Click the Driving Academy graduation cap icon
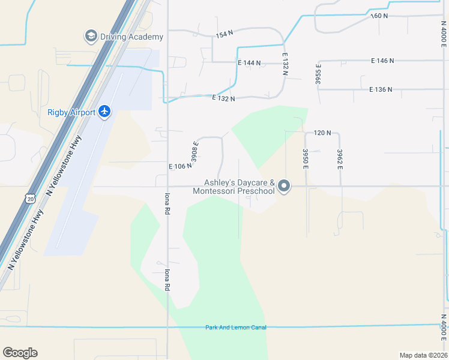91,36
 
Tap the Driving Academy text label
131,37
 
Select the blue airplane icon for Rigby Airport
105,111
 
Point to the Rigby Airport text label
71,112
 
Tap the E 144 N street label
249,62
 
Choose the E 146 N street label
382,61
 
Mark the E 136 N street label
381,89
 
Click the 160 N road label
381,16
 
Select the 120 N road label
322,133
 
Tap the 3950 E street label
306,159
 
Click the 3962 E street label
340,159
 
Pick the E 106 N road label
179,166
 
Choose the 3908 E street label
194,152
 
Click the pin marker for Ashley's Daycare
285,187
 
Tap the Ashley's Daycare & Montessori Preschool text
234,187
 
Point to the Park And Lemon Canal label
235,327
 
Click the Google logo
20,353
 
